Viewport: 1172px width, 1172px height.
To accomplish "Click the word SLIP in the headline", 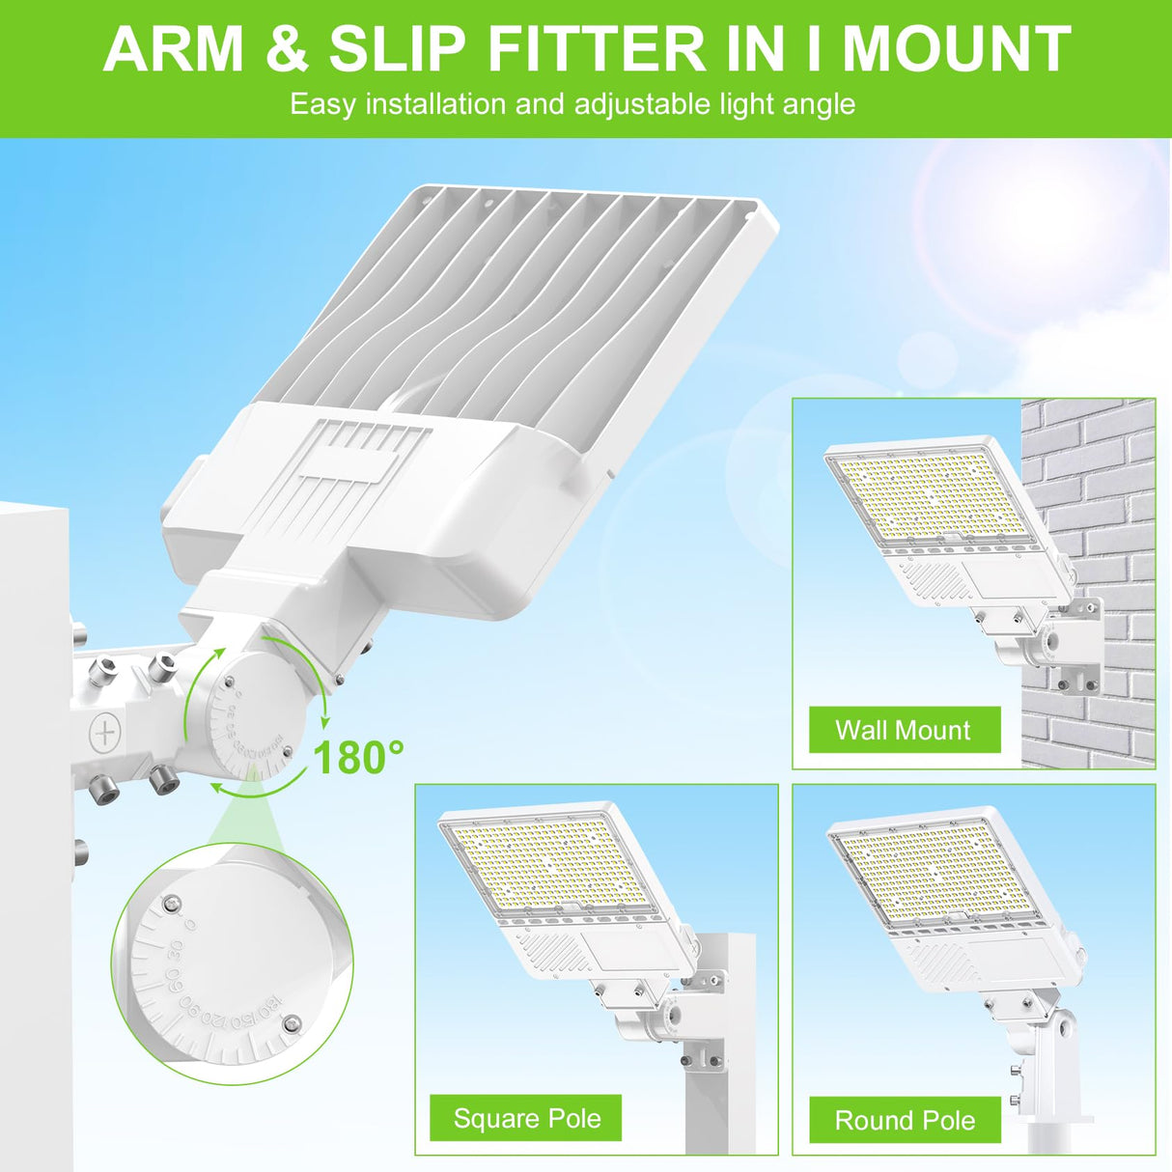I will click(397, 49).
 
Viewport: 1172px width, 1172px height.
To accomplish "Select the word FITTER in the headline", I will click(597, 49).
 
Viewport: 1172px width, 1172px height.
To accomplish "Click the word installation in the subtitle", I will click(435, 104).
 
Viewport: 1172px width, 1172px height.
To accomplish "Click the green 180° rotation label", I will click(358, 758).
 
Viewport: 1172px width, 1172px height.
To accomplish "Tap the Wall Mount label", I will click(904, 731).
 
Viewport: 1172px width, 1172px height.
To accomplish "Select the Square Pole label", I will click(526, 1119).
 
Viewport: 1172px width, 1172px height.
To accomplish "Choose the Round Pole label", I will click(905, 1121).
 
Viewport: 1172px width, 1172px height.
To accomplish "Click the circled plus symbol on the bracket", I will click(104, 731).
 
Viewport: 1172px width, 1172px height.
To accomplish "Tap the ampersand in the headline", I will click(286, 49).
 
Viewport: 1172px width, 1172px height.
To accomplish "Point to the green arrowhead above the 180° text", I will click(324, 718).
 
